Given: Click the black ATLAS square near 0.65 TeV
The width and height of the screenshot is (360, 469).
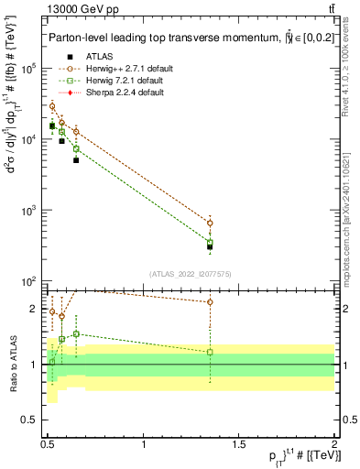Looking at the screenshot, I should (76, 160).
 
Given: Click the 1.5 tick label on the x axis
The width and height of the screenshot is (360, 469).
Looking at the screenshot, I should (240, 444).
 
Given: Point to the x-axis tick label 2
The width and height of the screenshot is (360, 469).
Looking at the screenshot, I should (334, 444).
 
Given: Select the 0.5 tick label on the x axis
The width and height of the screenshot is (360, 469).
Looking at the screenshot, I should (48, 444).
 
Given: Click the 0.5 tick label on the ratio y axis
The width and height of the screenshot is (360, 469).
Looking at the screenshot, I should (33, 420).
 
